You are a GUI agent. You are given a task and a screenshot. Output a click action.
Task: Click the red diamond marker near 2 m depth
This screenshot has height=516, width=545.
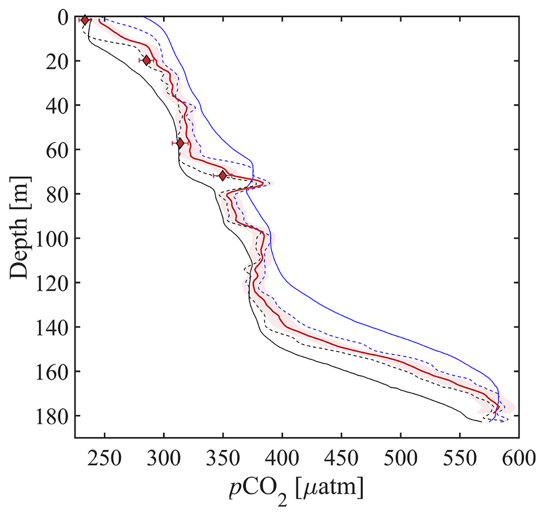(85, 20)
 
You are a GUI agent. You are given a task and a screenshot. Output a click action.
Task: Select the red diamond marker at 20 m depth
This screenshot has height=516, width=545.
(147, 61)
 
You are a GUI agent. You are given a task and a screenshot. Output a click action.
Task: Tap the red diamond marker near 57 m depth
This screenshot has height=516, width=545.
(180, 143)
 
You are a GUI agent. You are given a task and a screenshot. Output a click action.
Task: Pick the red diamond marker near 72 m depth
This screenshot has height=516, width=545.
(223, 176)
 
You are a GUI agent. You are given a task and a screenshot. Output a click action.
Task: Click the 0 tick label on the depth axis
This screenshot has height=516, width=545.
(62, 17)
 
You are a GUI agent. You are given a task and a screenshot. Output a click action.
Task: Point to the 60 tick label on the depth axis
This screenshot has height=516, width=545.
(56, 150)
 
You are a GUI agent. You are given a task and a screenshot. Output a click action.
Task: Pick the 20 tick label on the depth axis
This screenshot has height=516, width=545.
(56, 61)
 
